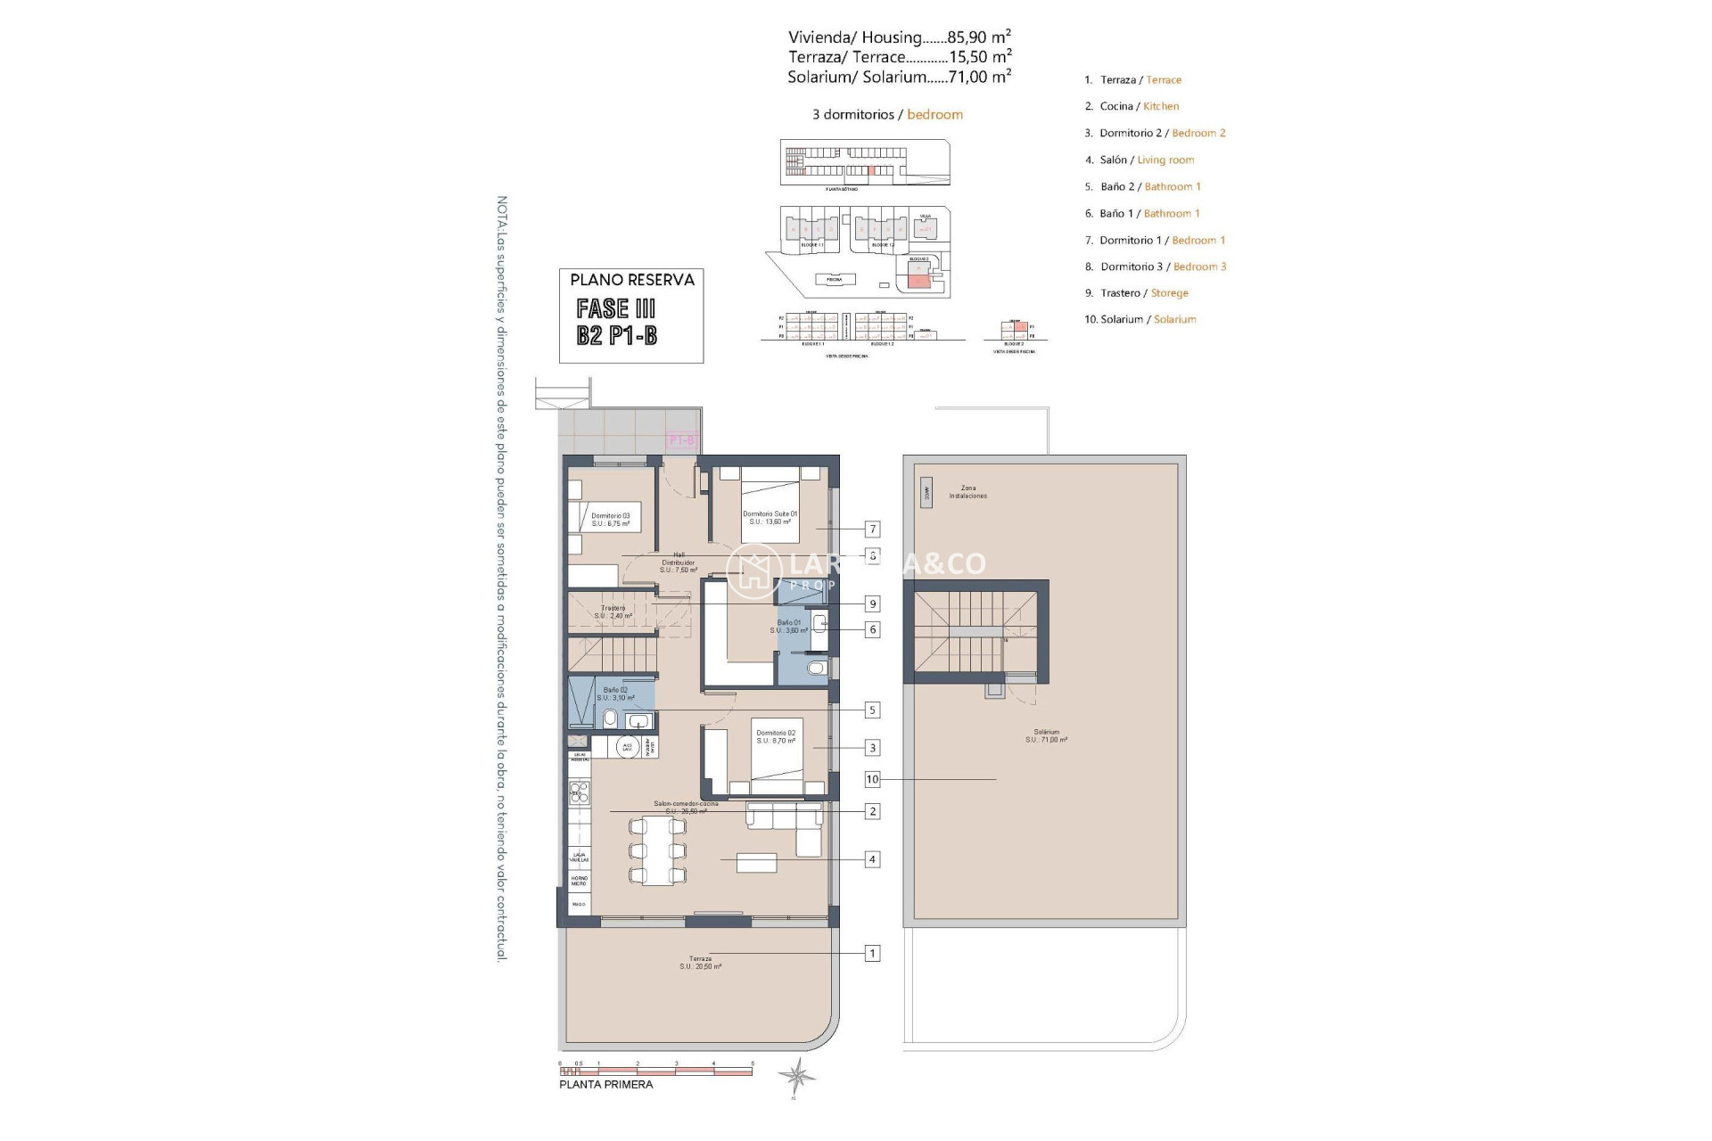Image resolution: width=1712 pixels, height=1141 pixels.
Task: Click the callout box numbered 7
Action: (873, 529)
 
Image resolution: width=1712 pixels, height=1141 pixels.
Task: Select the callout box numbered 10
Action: (872, 779)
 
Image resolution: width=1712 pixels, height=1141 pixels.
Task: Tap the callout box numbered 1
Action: (872, 953)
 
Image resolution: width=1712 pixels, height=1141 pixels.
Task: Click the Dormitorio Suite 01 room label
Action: (770, 517)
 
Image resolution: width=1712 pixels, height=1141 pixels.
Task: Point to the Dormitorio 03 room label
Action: (610, 520)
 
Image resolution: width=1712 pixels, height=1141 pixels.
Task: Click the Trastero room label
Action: (613, 612)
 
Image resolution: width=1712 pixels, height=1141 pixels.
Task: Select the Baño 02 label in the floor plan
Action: (615, 694)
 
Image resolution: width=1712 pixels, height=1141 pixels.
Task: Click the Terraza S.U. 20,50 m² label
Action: (700, 963)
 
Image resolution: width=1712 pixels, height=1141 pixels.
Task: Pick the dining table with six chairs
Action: (658, 850)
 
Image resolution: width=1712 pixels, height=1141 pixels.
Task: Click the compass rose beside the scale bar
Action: (795, 1076)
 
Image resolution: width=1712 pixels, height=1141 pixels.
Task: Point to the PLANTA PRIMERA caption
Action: (605, 1085)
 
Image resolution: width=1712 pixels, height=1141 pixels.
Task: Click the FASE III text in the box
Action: (616, 308)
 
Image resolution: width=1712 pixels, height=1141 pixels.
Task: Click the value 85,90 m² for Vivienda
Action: (978, 37)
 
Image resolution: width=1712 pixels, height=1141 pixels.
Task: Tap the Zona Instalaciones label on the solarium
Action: (967, 492)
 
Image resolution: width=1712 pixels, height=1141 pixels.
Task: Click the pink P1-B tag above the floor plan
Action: (681, 440)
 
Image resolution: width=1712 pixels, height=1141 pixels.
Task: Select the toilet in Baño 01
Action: (816, 668)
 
